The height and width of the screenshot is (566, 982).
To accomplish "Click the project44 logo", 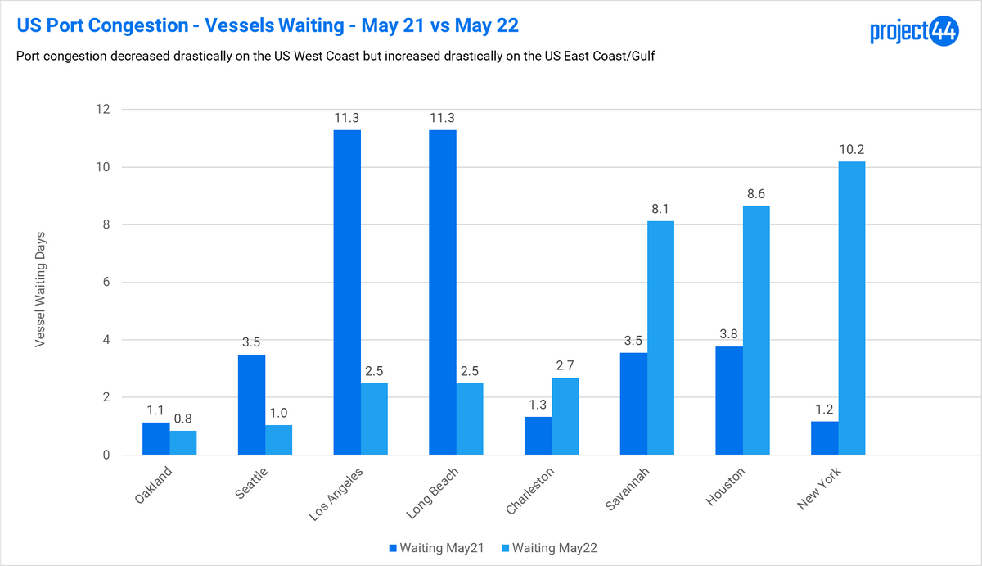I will point(913,32).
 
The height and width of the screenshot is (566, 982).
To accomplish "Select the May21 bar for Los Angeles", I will point(347,292).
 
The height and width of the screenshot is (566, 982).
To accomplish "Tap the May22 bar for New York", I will point(852,308).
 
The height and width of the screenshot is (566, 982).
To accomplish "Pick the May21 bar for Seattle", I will point(251,405).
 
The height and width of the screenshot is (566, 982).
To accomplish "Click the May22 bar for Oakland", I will point(183,443).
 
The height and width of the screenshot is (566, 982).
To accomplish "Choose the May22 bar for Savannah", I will point(660,337).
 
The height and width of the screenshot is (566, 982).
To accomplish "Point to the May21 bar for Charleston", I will point(538,436).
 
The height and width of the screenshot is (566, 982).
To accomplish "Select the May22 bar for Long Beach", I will point(470,419).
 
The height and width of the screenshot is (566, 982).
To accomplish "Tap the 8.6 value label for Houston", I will point(756,195).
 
